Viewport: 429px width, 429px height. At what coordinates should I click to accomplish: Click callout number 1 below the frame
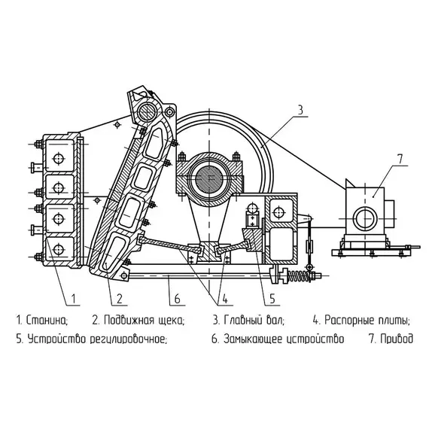click(73, 299)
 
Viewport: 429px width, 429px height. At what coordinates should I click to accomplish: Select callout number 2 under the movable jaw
click(119, 299)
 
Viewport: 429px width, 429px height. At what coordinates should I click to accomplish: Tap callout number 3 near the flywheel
click(300, 110)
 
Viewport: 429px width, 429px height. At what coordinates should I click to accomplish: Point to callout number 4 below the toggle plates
click(224, 299)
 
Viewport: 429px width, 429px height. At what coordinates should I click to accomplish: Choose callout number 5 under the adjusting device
click(272, 299)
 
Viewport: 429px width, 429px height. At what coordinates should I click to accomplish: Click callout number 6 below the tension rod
click(178, 299)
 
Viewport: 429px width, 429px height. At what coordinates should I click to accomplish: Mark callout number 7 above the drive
click(400, 160)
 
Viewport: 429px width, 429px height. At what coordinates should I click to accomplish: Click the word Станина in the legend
click(47, 320)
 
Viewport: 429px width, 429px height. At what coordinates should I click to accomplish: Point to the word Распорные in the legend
click(348, 321)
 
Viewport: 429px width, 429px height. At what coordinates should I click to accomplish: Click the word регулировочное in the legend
click(128, 339)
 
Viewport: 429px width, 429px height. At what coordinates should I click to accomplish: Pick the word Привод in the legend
click(397, 339)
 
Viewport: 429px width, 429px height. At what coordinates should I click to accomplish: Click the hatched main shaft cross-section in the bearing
click(209, 178)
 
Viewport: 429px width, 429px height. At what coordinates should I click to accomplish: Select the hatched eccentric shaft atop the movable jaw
click(147, 110)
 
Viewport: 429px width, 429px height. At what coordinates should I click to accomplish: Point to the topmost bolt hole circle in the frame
click(59, 158)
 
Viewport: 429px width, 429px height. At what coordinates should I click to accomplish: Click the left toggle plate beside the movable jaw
click(170, 244)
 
